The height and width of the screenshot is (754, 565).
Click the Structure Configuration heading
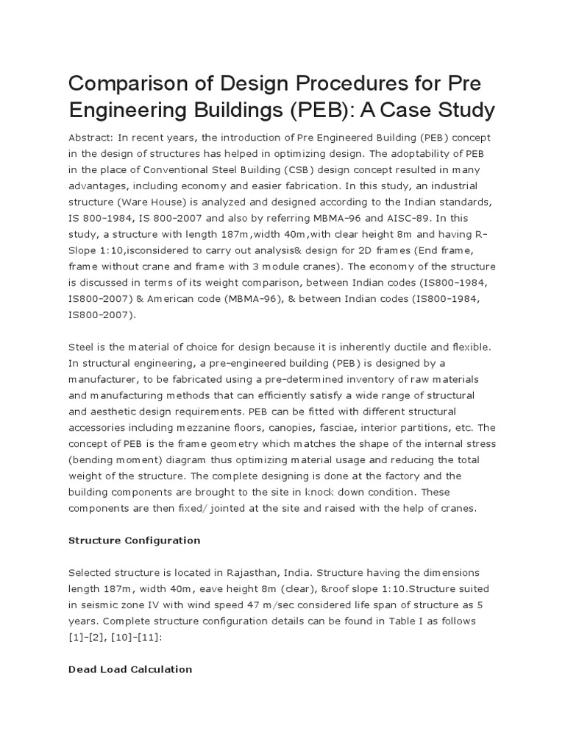[134, 540]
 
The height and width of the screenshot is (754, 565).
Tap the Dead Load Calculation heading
[129, 669]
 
